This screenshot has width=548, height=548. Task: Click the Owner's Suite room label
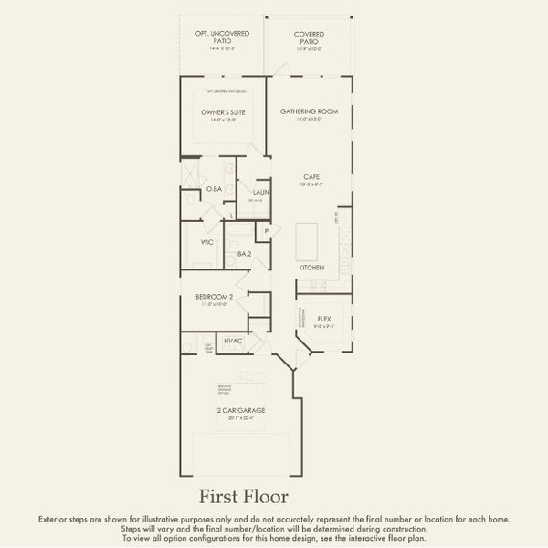click(x=223, y=112)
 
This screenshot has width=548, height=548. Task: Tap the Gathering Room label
click(x=310, y=111)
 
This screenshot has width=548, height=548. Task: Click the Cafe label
click(x=311, y=177)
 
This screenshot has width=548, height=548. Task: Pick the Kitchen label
click(x=311, y=268)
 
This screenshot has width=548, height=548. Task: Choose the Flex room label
click(x=323, y=319)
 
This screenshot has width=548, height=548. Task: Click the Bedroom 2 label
click(x=216, y=297)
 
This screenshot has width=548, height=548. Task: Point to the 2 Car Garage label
click(x=241, y=411)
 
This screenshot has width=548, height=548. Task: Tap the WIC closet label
click(x=207, y=242)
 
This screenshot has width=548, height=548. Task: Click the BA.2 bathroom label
click(x=244, y=254)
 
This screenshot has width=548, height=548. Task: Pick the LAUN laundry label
click(x=260, y=192)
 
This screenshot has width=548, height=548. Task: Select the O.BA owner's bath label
click(x=214, y=189)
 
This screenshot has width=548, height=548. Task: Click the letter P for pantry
click(x=267, y=231)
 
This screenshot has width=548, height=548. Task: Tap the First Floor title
click(x=244, y=497)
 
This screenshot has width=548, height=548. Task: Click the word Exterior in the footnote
click(x=52, y=519)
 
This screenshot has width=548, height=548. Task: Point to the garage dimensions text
click(x=241, y=419)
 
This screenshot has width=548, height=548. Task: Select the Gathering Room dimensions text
click(x=310, y=119)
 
